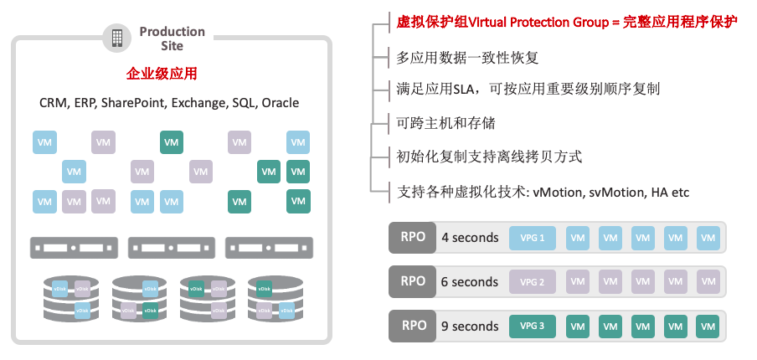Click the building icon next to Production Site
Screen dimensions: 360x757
[x=117, y=38]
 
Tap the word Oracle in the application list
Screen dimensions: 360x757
[x=280, y=103]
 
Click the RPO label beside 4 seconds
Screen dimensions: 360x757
[x=413, y=237]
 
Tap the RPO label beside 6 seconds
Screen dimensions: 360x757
[x=413, y=281]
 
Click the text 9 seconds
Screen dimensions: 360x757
[x=470, y=327]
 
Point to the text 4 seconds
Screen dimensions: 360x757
[x=470, y=238]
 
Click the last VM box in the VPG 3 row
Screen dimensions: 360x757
[x=708, y=326]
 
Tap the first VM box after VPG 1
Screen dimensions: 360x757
[x=578, y=238]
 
